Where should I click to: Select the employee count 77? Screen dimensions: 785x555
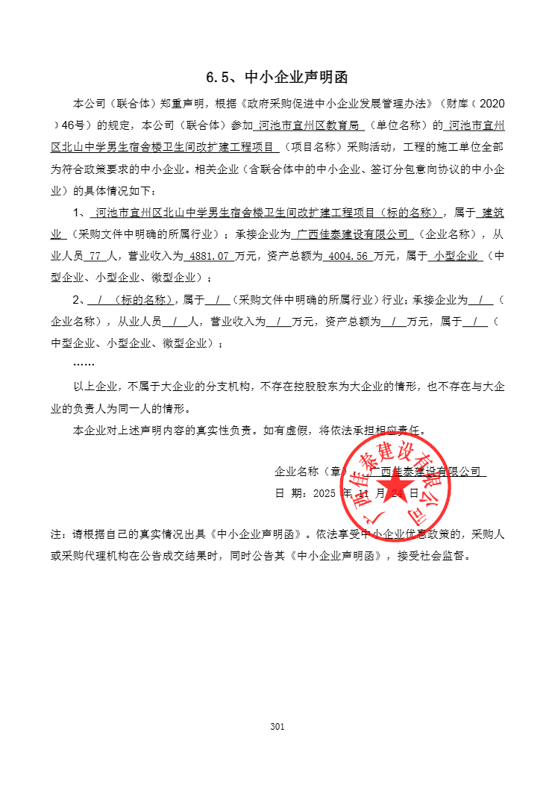coord(95,256)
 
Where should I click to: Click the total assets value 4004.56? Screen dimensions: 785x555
coord(351,256)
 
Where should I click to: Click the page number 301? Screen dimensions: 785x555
coord(277,727)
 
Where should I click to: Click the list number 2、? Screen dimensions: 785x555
coord(78,300)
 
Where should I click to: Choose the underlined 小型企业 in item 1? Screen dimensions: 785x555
coord(455,256)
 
